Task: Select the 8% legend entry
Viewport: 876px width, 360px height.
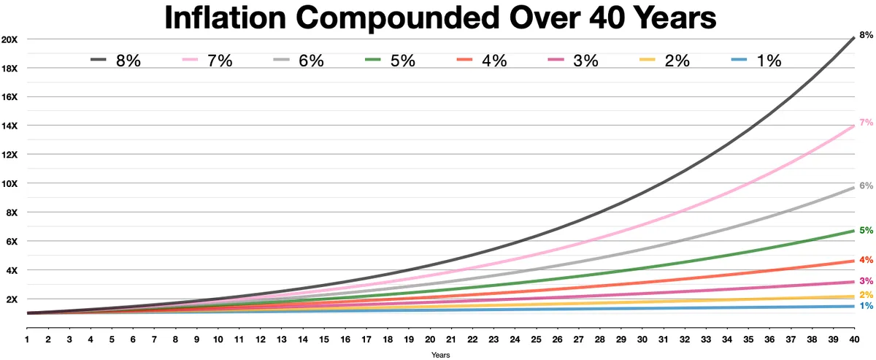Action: click(115, 61)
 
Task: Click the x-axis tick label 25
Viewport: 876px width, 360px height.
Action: click(536, 340)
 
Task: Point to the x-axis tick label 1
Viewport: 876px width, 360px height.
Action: click(27, 340)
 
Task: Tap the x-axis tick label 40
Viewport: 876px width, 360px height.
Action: click(853, 340)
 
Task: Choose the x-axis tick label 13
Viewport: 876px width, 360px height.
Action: click(281, 340)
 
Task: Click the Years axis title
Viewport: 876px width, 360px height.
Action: click(440, 355)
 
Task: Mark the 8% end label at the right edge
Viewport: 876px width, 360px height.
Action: click(866, 35)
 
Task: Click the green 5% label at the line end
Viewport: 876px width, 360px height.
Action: click(866, 231)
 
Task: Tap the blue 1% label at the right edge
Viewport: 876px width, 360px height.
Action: click(866, 326)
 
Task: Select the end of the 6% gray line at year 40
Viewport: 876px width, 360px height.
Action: click(853, 188)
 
